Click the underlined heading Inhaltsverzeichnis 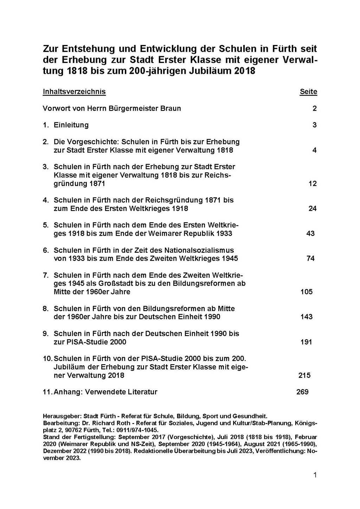[x=74, y=92]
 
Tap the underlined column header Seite [x=308, y=92]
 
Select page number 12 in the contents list [x=312, y=183]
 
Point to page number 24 [x=312, y=208]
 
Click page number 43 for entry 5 [x=310, y=233]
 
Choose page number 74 [x=310, y=258]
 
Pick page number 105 [x=306, y=292]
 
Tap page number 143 [x=306, y=317]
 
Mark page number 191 [x=306, y=342]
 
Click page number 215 [x=304, y=375]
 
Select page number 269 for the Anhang [x=302, y=392]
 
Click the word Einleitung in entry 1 [x=71, y=125]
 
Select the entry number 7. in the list [x=46, y=275]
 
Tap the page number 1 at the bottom [x=315, y=475]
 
